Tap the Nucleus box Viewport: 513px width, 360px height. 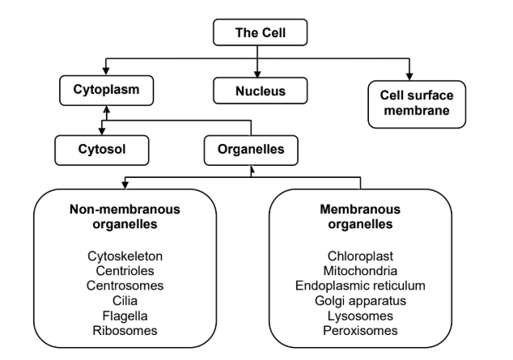[x=256, y=91]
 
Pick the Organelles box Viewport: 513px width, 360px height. [x=251, y=149]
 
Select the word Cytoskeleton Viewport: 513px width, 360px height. [x=125, y=256]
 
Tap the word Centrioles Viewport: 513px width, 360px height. [x=125, y=271]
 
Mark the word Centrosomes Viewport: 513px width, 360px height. [x=125, y=286]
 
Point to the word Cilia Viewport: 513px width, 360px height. [x=125, y=300]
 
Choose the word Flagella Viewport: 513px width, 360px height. [x=125, y=315]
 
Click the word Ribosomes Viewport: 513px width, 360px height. [x=125, y=329]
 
